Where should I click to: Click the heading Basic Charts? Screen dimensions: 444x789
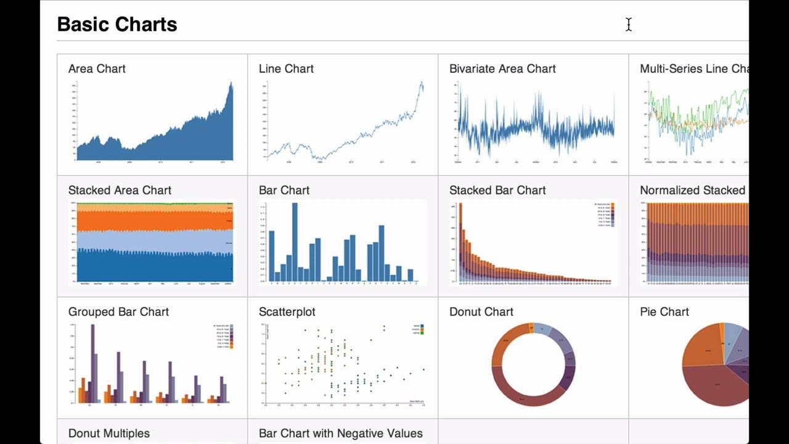coord(117,25)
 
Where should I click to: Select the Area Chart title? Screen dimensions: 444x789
coord(97,68)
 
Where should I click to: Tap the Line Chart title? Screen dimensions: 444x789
coord(286,68)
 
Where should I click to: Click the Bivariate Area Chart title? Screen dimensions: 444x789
coord(502,68)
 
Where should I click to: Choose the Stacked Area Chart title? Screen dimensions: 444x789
coord(120,190)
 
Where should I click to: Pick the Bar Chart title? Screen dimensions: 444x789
coord(284,190)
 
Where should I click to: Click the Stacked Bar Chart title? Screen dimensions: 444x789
coord(497,190)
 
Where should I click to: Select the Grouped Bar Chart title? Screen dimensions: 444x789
coord(118,311)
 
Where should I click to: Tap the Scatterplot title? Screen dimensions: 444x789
coord(287,311)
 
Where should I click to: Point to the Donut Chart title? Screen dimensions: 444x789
coord(481,311)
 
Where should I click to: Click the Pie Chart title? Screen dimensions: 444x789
coord(664,311)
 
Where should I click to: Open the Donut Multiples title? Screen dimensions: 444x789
coord(109,433)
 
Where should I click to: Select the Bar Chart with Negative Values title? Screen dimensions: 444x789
coord(341,433)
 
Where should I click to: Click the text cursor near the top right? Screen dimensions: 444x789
coord(629,25)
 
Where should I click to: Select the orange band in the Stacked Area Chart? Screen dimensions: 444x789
coord(154,220)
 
